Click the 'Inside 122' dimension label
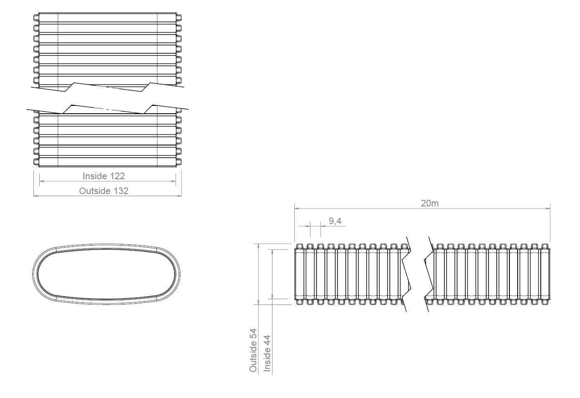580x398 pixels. pos(104,176)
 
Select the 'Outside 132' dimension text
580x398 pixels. pos(104,191)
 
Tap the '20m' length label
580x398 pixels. pos(429,203)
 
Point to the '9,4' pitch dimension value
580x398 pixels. pos(335,221)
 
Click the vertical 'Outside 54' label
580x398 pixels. pos(253,350)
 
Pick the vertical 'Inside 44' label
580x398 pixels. pos(267,354)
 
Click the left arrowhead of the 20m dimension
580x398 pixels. pos(297,208)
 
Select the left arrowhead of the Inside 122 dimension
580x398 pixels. pos(42,181)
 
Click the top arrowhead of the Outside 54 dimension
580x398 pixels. pos(258,246)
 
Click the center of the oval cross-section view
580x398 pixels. pos(107,274)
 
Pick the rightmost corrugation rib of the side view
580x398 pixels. pos(545,274)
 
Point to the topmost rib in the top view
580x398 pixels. pos(107,18)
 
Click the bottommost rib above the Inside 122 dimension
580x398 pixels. pos(107,161)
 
